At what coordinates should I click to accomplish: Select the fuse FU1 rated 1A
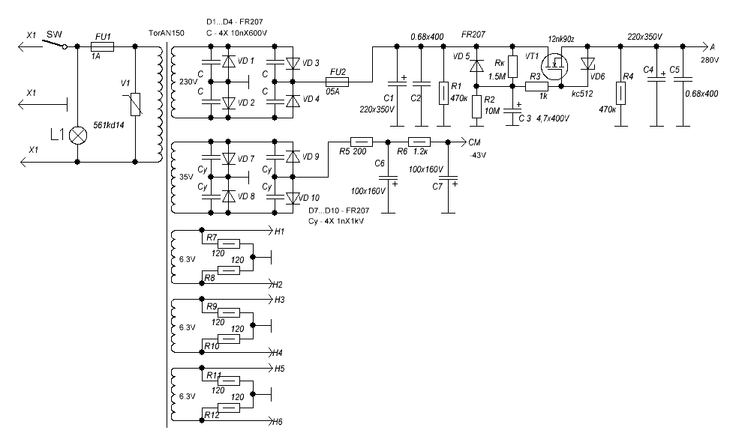(x=103, y=46)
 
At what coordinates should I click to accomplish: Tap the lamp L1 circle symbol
(x=79, y=136)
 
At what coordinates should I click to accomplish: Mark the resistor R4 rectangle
(x=620, y=94)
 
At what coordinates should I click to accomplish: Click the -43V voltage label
(x=477, y=155)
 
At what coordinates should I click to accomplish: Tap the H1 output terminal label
(x=279, y=231)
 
